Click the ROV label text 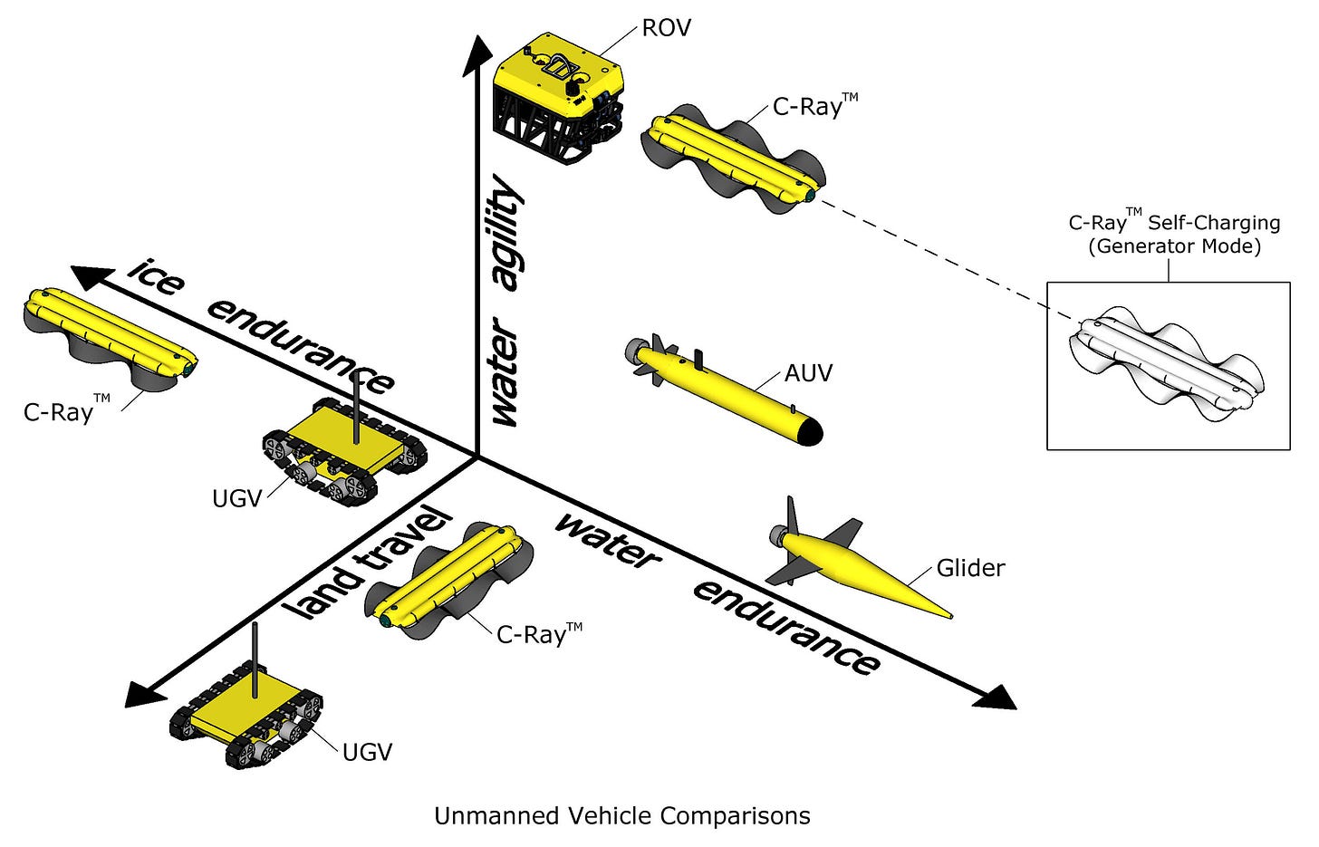coord(666,28)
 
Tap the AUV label coord(808,372)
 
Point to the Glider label coord(970,568)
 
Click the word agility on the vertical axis coord(508,236)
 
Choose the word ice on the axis coord(157,275)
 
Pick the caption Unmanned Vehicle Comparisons coord(621,816)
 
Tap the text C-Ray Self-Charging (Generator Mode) coord(1174,235)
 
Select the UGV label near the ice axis coord(236,497)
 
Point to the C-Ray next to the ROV coord(734,162)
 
